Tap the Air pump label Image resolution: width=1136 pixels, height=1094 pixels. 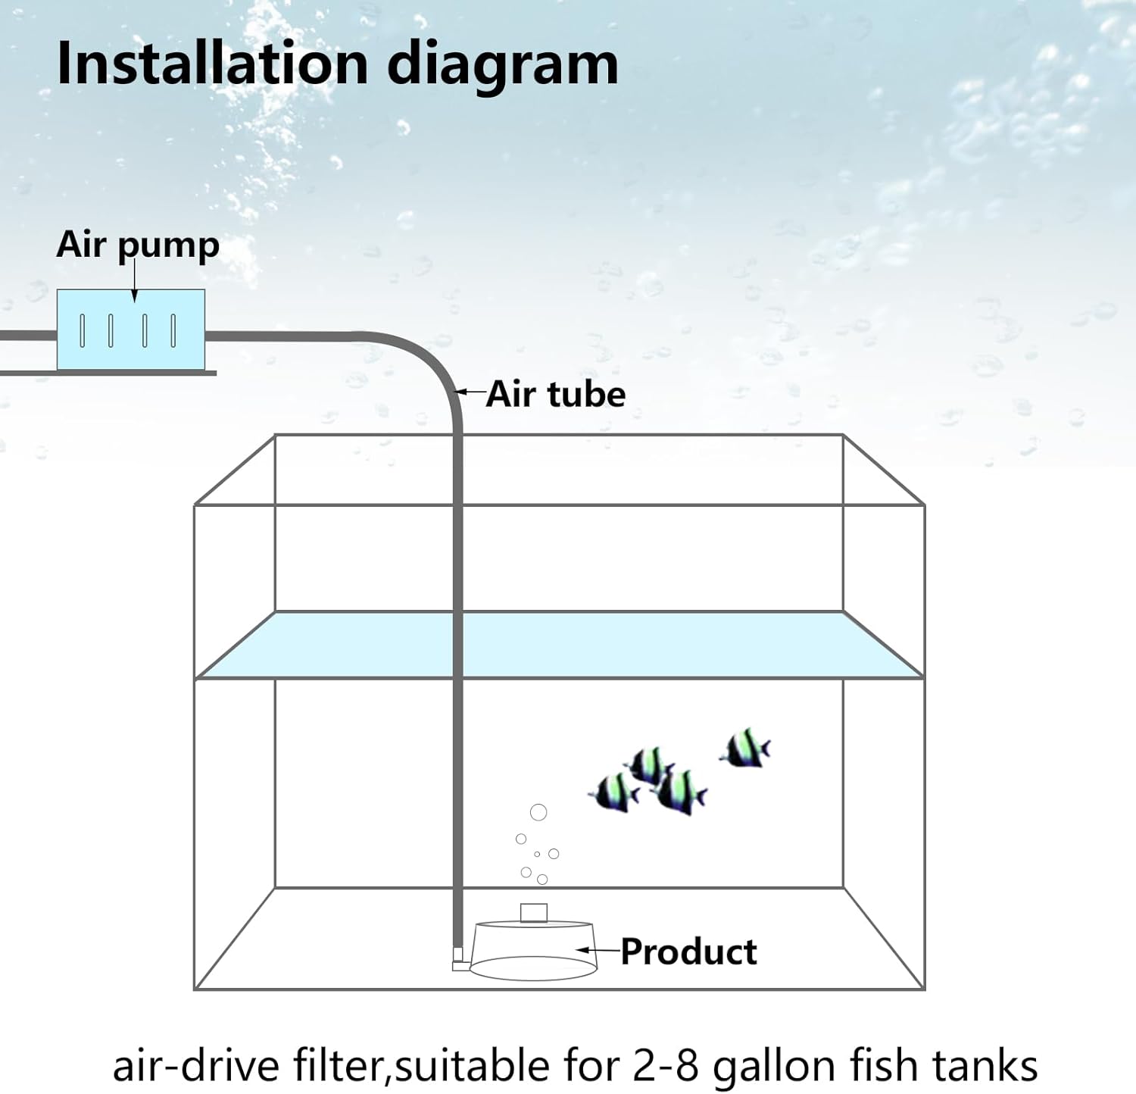[x=138, y=245]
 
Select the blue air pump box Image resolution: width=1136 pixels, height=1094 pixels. [x=131, y=330]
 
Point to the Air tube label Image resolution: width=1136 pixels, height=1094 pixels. [x=556, y=394]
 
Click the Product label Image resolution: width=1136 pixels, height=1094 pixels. [x=688, y=952]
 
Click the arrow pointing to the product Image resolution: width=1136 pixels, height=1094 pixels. [x=598, y=949]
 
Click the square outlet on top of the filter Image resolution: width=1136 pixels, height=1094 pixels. [x=533, y=913]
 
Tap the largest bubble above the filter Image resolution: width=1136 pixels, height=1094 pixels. [x=538, y=813]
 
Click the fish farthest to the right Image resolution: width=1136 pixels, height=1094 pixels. [x=746, y=749]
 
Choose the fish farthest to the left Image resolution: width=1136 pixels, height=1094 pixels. [x=615, y=792]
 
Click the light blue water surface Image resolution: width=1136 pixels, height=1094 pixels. [x=560, y=645]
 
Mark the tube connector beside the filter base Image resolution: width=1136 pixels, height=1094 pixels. [x=458, y=959]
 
